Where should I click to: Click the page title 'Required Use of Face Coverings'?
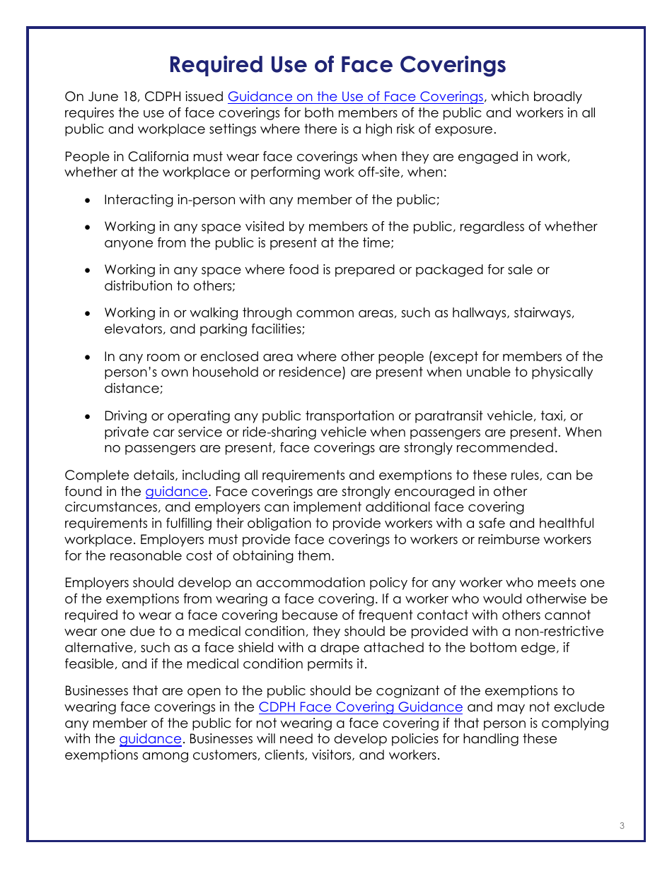click(x=337, y=65)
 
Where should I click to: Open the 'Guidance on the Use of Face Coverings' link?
click(x=355, y=97)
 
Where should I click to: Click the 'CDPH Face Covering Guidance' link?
click(x=361, y=707)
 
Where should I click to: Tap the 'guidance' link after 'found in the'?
click(x=176, y=492)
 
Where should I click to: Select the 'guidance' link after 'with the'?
click(x=150, y=739)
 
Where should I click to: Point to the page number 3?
click(x=622, y=826)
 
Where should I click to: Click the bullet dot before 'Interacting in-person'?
click(x=87, y=201)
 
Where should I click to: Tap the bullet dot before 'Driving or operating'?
click(x=87, y=417)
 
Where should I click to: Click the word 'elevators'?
click(x=136, y=329)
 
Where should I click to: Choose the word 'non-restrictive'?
click(x=557, y=632)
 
